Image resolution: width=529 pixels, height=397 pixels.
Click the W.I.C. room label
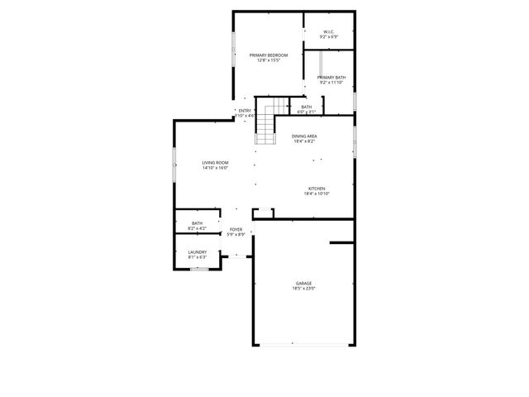tap(329, 32)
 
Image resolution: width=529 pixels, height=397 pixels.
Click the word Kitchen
tap(317, 189)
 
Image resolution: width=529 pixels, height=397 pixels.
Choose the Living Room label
tap(214, 162)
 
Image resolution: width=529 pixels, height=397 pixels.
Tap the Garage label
tap(303, 284)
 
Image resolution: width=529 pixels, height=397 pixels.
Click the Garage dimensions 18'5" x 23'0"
tap(303, 289)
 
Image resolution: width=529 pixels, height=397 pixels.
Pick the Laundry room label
tap(197, 252)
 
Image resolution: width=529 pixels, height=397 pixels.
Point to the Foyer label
tap(236, 230)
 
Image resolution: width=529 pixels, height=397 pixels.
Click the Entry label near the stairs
tap(245, 111)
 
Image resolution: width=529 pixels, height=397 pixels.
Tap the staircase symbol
tap(265, 122)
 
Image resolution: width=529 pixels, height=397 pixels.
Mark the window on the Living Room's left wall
tap(174, 165)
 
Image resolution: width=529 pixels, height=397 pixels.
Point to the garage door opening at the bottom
tap(303, 344)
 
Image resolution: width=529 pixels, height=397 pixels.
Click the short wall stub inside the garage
tap(341, 243)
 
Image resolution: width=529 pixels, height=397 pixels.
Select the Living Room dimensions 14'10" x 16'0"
tap(214, 168)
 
